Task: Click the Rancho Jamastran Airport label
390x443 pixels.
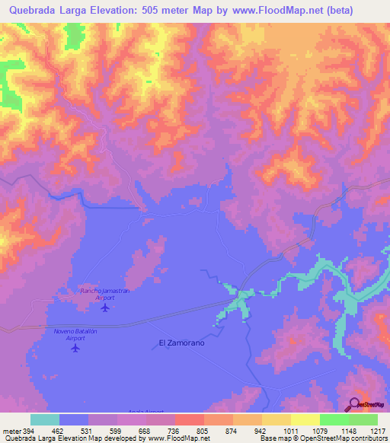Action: click(98, 295)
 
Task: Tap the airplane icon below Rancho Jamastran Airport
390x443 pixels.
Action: click(105, 308)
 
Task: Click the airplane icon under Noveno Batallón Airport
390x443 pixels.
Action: click(75, 348)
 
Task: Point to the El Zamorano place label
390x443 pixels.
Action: click(181, 343)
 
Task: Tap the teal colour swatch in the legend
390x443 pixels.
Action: click(45, 419)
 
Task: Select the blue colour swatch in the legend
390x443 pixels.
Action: click(74, 419)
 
